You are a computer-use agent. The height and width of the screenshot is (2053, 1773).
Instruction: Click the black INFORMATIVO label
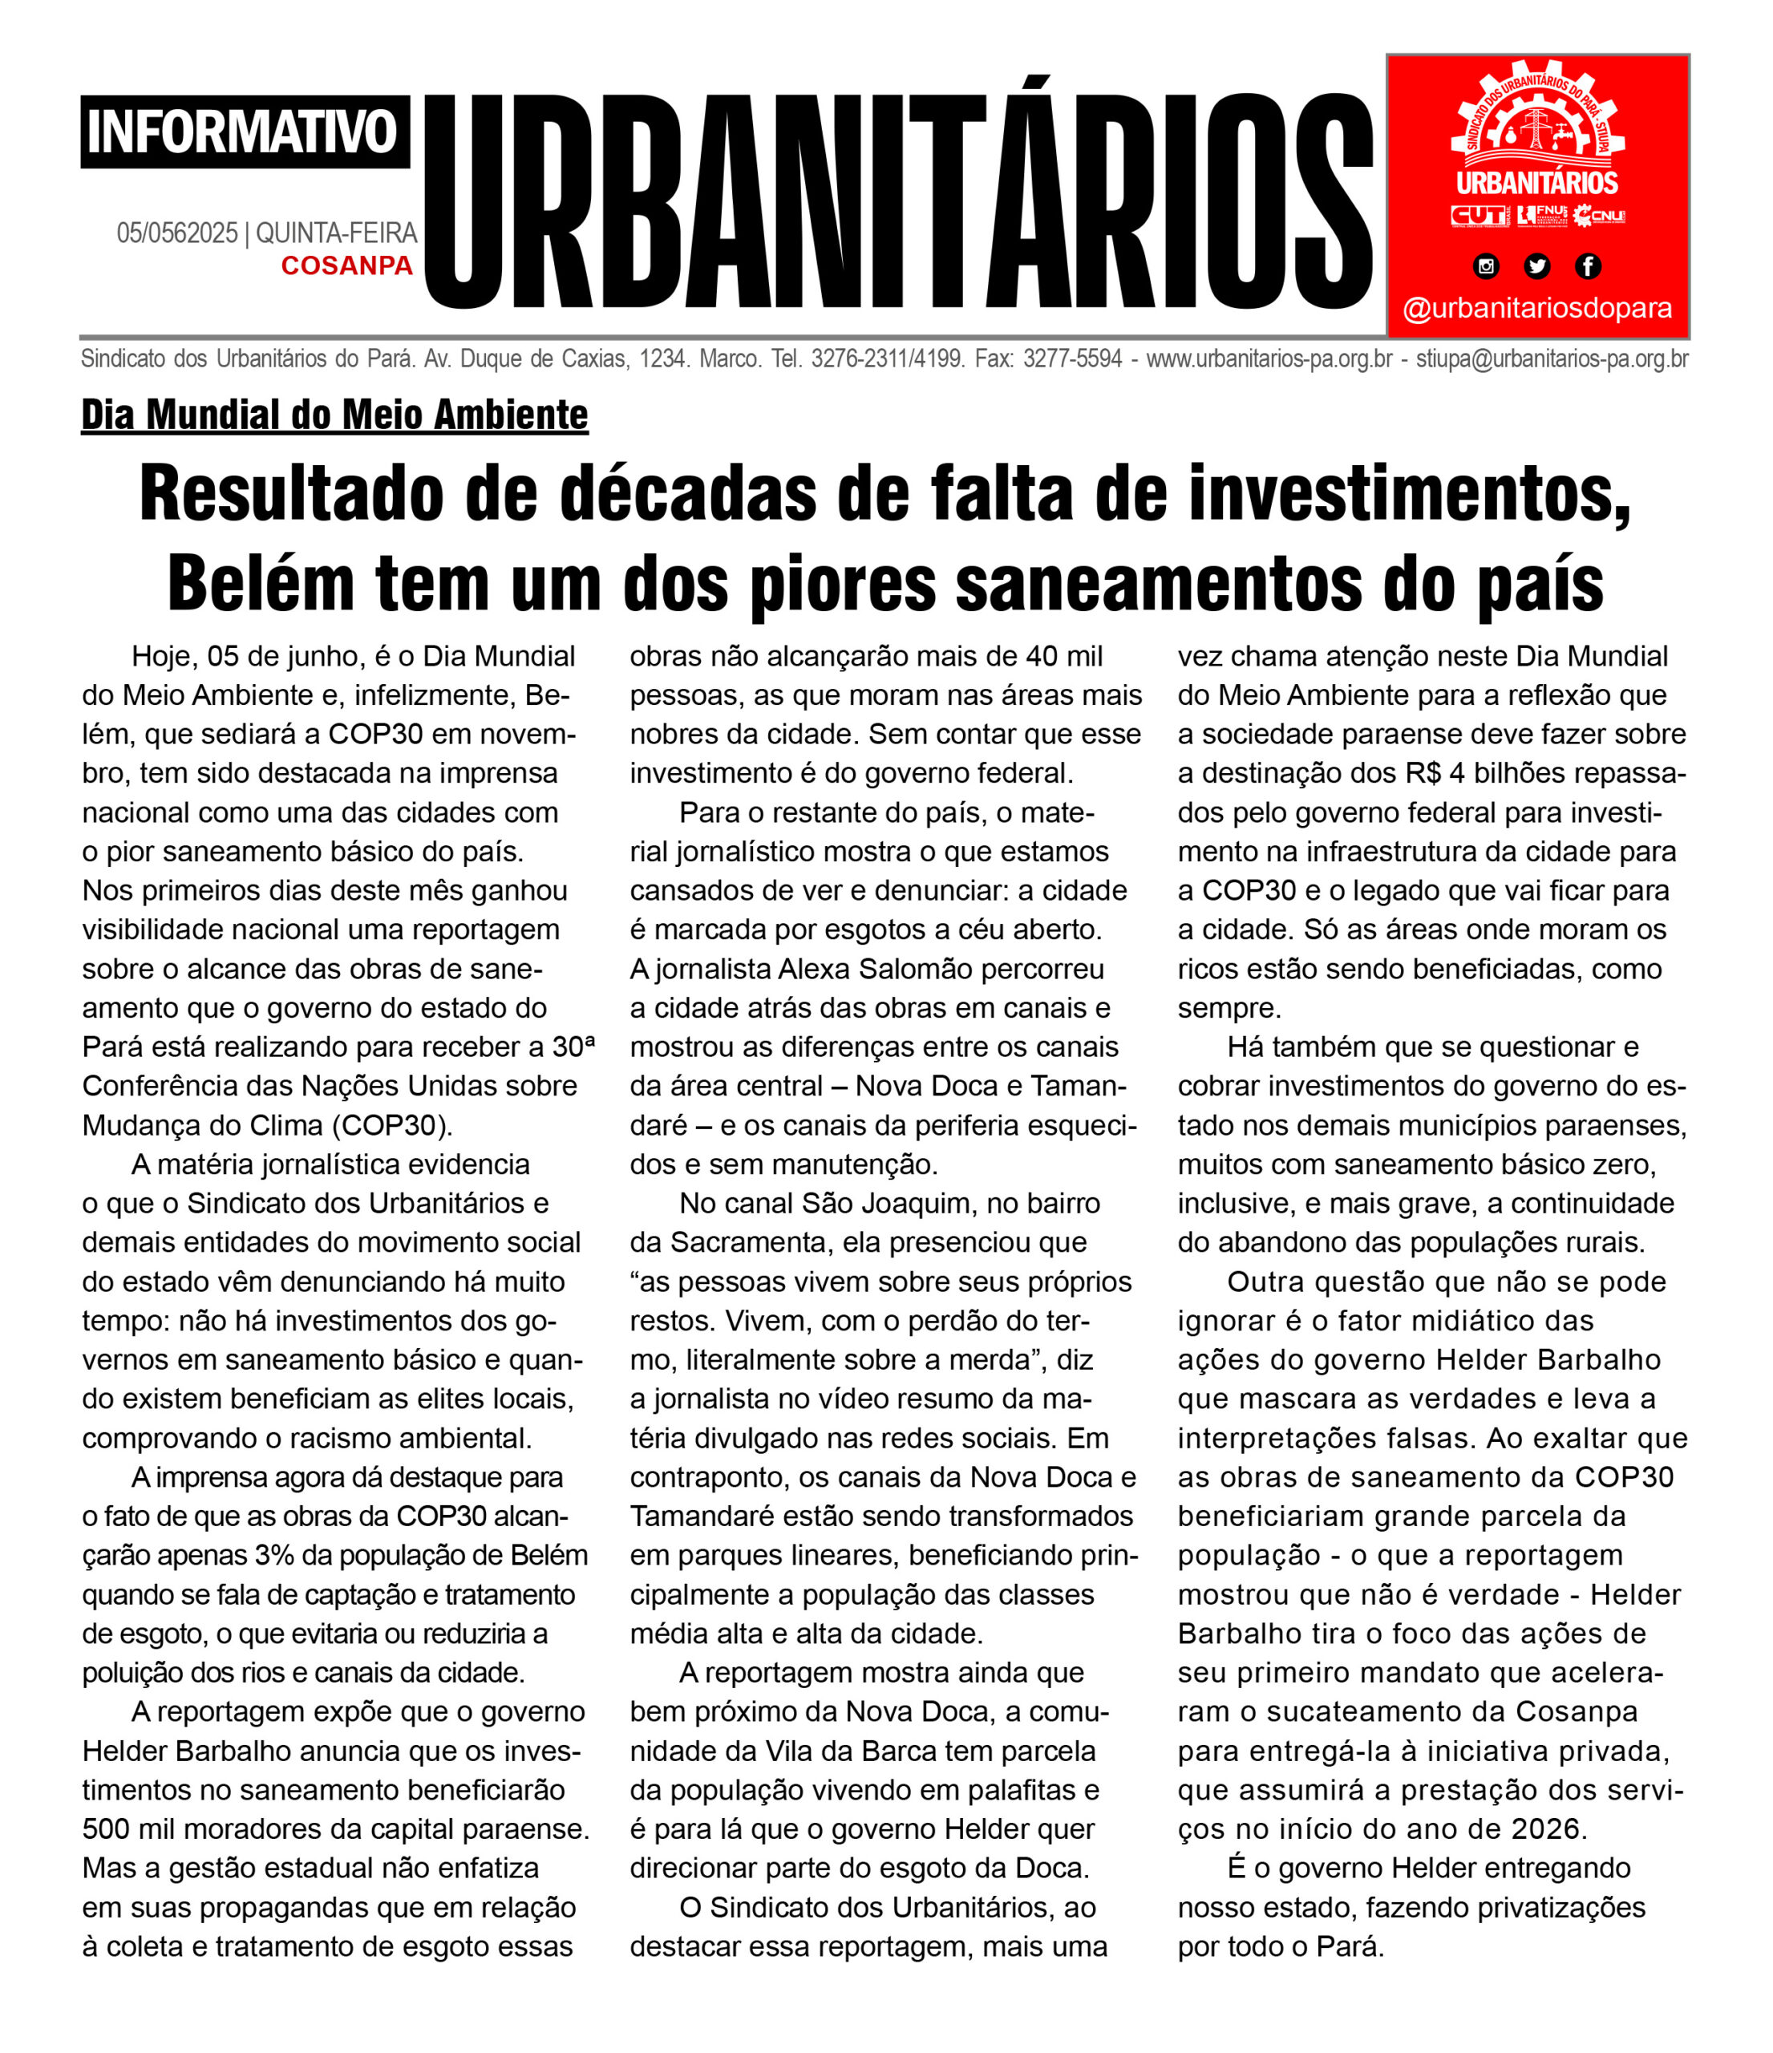pos(244,132)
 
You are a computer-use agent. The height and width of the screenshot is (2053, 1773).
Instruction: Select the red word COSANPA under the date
pos(346,265)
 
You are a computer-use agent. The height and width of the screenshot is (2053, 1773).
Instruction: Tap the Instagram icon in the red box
pos(1486,265)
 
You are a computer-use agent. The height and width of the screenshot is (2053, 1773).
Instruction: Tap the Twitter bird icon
pos(1536,265)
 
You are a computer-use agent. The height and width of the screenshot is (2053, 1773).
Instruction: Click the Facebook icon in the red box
pos(1587,265)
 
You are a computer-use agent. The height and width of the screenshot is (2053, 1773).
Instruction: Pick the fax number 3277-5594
pos(1083,358)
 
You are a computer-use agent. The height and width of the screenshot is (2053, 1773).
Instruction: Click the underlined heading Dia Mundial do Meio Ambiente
pos(334,415)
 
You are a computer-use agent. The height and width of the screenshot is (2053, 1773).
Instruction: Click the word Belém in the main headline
pos(260,584)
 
